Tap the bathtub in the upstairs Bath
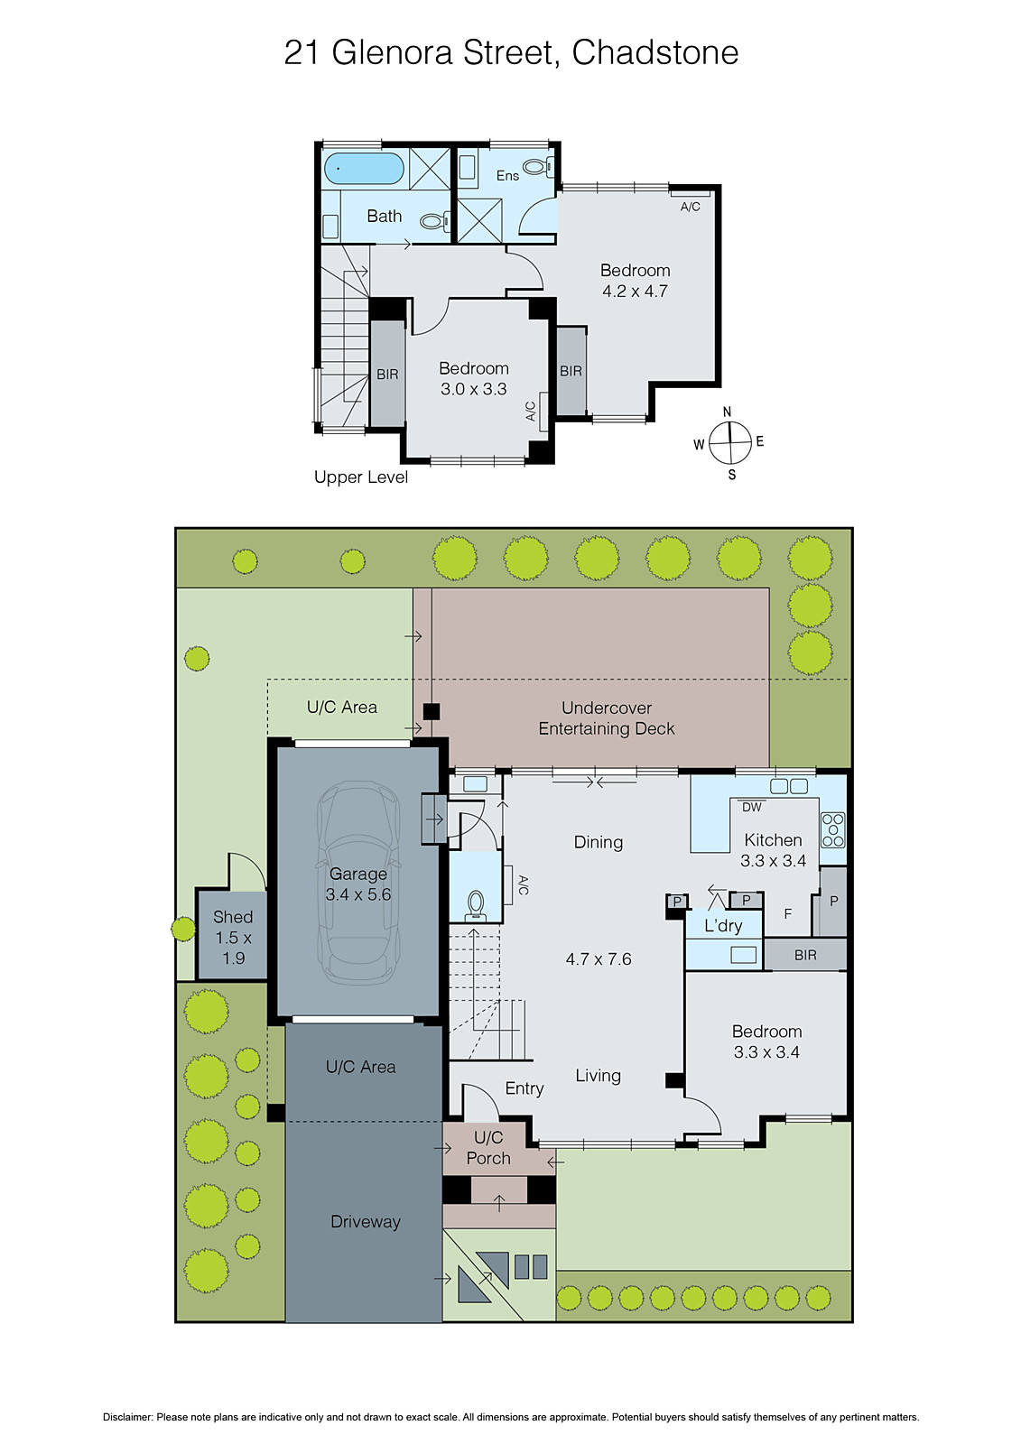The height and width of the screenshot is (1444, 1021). click(364, 168)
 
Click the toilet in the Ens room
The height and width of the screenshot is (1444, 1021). click(535, 166)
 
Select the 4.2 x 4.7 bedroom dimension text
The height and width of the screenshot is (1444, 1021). click(635, 292)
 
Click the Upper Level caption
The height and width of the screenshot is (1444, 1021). click(360, 477)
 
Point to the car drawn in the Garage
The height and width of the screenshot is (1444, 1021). click(358, 883)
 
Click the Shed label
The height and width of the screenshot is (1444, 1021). click(232, 917)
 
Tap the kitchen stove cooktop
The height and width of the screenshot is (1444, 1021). click(832, 829)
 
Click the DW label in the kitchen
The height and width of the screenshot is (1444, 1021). click(752, 808)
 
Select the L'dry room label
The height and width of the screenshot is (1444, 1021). click(723, 926)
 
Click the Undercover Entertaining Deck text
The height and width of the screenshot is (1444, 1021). click(606, 718)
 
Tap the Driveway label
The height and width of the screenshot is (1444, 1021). click(365, 1222)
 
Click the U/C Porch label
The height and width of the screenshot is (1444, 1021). click(488, 1148)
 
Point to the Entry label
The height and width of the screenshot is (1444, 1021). click(524, 1088)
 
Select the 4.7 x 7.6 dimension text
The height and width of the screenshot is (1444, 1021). click(598, 959)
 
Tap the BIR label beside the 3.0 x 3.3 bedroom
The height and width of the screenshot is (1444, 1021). click(387, 375)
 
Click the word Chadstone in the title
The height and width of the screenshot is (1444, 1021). click(654, 52)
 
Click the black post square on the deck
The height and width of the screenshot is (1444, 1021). click(432, 711)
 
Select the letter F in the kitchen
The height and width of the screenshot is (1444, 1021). click(787, 914)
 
